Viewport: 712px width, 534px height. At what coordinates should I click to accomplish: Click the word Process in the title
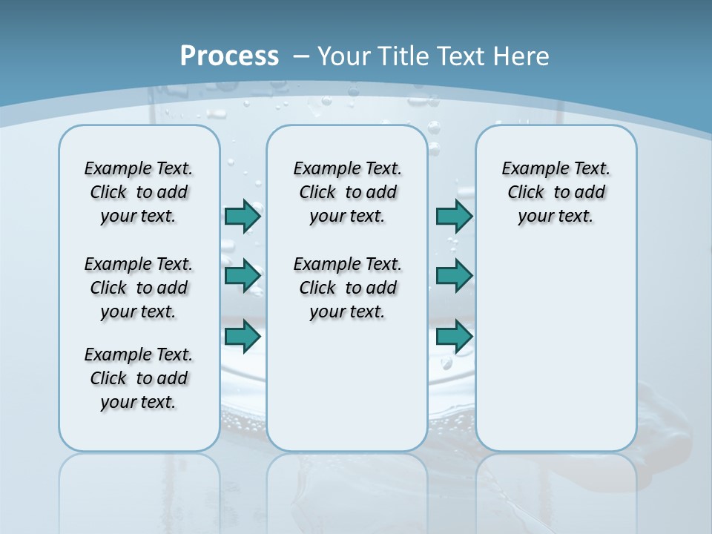click(229, 56)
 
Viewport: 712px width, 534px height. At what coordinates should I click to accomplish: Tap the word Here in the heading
click(518, 56)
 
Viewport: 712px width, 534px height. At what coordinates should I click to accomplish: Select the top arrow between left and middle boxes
click(243, 216)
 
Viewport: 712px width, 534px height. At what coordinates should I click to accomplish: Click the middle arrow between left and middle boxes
click(243, 276)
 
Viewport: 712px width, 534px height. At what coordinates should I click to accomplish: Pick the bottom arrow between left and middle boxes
click(243, 336)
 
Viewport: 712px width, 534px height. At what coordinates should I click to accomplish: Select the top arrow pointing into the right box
click(454, 216)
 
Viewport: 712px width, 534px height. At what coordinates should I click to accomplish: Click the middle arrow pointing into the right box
click(454, 276)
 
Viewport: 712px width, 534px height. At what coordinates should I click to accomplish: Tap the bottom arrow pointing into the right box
click(454, 336)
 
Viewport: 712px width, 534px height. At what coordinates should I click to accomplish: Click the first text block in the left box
click(139, 192)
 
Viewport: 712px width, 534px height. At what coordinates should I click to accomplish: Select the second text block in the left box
click(139, 288)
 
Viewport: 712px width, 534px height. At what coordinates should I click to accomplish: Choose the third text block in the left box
click(139, 378)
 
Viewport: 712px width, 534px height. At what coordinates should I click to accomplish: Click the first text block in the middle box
click(347, 192)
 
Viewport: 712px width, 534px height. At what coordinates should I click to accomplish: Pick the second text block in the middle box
click(347, 288)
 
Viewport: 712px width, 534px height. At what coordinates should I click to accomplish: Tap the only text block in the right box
click(556, 192)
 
